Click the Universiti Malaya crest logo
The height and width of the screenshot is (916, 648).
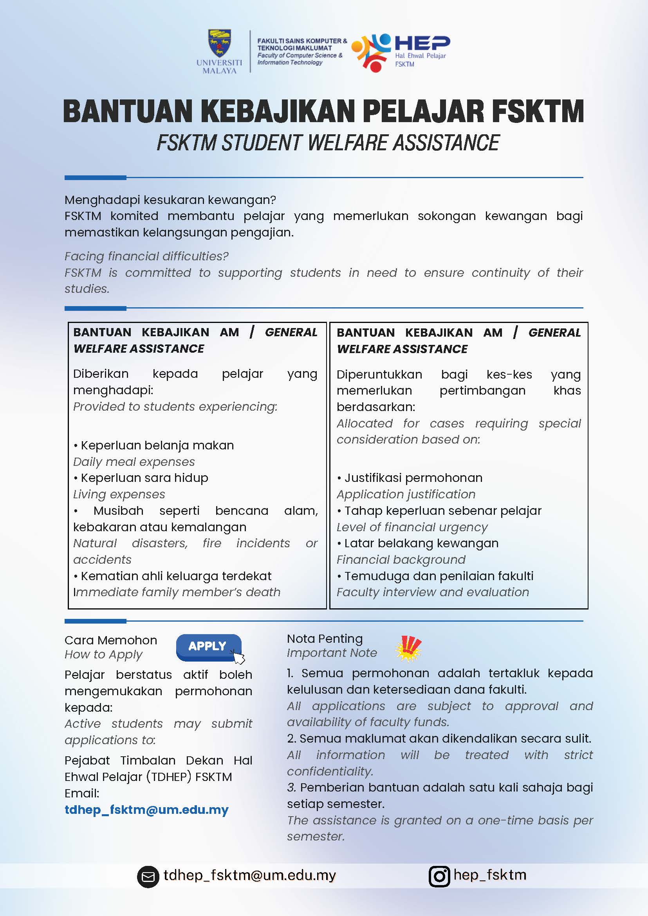point(219,43)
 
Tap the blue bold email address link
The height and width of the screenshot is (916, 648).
point(146,810)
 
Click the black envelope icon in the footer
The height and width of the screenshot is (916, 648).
point(148,877)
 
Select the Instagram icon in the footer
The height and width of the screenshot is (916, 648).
point(439,876)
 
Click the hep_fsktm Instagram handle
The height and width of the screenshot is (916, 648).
point(489,875)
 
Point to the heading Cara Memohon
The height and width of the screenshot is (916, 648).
point(111,640)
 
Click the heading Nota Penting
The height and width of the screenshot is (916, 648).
point(325,639)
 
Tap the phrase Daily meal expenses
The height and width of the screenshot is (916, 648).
point(134,462)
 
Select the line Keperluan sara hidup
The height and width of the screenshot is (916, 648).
point(144,478)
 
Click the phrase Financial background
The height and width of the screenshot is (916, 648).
point(401,559)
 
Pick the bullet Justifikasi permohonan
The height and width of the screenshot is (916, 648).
point(413,478)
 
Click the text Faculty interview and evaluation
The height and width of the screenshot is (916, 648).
point(433,592)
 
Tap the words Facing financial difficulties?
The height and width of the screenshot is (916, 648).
point(146,256)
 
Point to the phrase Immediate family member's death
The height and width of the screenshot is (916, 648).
point(177,592)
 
